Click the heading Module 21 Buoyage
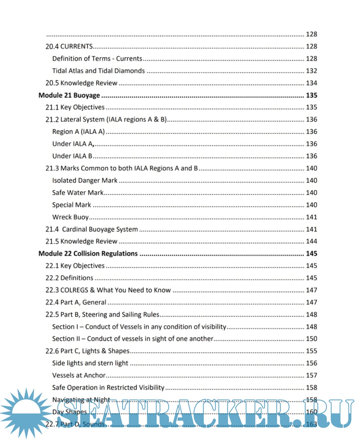coord(69,95)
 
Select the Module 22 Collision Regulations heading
coord(88,254)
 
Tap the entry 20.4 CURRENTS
coord(69,46)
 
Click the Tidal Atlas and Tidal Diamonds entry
coord(98,71)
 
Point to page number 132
coord(311,71)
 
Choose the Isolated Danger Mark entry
coord(85,180)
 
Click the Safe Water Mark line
coord(78,192)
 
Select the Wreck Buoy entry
coord(70,217)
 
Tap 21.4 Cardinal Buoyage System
coord(92,229)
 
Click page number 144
coord(311,241)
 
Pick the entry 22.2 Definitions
coord(69,278)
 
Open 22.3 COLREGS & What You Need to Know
coord(108,290)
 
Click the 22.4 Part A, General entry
coord(76,302)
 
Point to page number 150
coord(311,339)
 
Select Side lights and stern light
coord(90,363)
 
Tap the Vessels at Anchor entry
coord(79,375)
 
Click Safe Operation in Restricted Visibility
coord(108,387)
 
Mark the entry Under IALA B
coord(72,156)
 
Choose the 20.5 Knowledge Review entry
coord(81,83)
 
